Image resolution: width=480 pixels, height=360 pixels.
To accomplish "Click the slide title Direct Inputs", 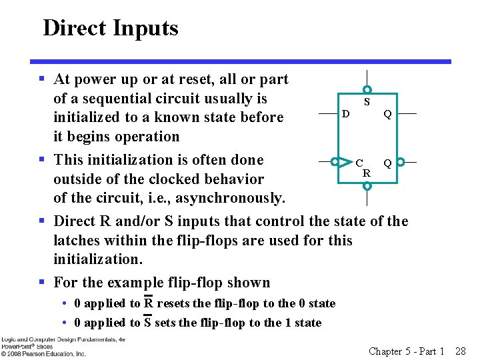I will pos(111,28).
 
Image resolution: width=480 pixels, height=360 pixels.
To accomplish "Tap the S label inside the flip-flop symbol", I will pos(367,103).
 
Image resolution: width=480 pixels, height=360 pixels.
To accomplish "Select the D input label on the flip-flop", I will pos(345,114).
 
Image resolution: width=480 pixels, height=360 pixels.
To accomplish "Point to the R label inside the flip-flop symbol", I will pos(367,173).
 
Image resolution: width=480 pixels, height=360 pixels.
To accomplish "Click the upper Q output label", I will pos(387,114).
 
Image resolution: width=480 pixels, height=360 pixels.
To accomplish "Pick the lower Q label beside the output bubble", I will pos(387,163).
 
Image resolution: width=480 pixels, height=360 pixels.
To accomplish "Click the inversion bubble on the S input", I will pos(367,90).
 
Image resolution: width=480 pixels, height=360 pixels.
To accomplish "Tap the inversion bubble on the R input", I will pos(367,187).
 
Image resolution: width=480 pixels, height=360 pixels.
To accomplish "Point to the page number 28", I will pos(460,351).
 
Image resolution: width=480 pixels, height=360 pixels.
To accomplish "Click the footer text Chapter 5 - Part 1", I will pos(407,351).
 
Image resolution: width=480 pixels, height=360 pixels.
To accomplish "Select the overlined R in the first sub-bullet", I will pos(149,303).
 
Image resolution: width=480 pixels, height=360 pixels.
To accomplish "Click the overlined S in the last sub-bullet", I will pos(148,323).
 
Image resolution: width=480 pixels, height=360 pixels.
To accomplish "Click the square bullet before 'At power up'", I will pos(42,79).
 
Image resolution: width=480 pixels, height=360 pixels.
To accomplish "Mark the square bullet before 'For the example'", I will pos(42,283).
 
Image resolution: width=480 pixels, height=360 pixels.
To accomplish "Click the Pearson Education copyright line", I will pos(43,353).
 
